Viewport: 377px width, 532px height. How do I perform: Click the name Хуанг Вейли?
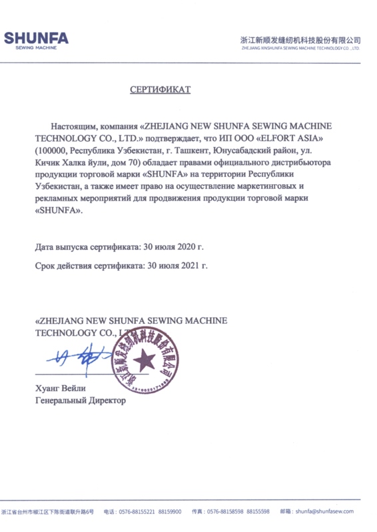[61, 388]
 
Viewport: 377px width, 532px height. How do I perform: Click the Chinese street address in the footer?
[49, 511]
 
